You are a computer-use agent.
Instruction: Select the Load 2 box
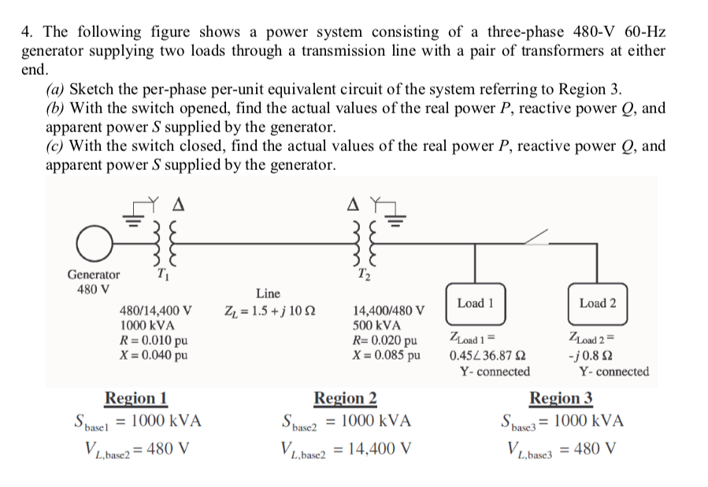click(x=598, y=303)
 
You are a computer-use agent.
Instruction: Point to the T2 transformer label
click(x=366, y=273)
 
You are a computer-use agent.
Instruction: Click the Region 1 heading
click(x=136, y=398)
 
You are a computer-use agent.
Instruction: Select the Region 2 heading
click(x=345, y=398)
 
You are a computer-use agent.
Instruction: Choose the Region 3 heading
click(x=562, y=398)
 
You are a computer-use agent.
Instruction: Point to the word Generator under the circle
click(x=94, y=275)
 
